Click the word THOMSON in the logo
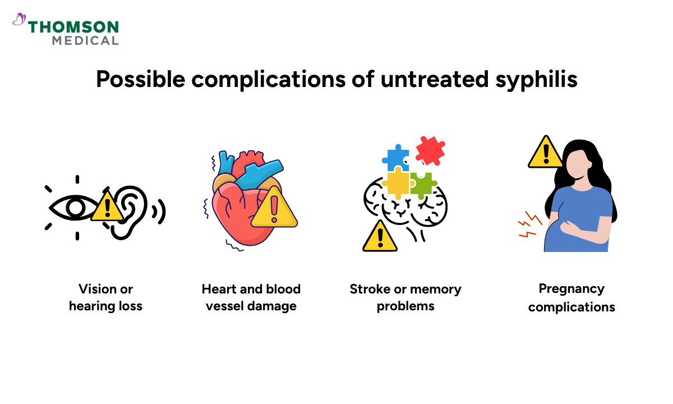(x=73, y=27)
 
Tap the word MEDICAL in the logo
(x=85, y=40)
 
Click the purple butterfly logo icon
(x=20, y=20)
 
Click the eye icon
(x=74, y=208)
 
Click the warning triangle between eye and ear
(x=106, y=206)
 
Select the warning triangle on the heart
(x=274, y=207)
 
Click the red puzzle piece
(x=430, y=149)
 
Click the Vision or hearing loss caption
(x=105, y=298)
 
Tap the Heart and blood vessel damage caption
(x=251, y=298)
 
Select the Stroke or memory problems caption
(x=405, y=298)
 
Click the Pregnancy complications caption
(x=571, y=298)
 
